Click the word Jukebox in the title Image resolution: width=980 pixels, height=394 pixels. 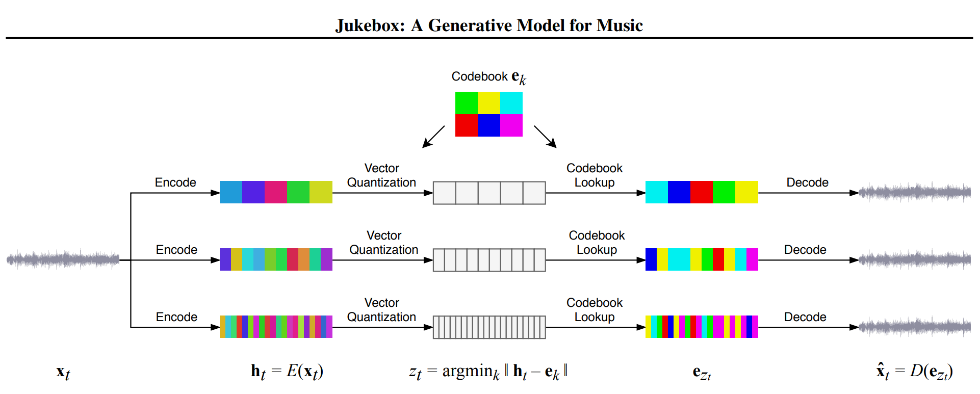(369, 25)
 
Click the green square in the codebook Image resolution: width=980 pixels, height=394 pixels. (466, 102)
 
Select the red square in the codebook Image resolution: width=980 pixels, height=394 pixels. (466, 125)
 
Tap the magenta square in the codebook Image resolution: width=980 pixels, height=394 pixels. (511, 125)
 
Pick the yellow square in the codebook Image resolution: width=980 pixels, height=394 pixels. (489, 102)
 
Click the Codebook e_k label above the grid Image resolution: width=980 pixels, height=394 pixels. (488, 77)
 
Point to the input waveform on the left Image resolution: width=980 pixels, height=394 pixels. (63, 259)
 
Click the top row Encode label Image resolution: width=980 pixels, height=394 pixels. (175, 182)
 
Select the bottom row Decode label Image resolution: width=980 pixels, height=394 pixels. (805, 317)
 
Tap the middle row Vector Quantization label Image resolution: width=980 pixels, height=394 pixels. (384, 243)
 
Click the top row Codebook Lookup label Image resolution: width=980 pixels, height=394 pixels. (595, 175)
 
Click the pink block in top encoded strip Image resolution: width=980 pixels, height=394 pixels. (276, 192)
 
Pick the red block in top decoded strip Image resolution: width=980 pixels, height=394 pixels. (701, 192)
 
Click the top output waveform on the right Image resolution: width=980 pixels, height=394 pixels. (915, 192)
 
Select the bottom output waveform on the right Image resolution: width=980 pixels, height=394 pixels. (915, 327)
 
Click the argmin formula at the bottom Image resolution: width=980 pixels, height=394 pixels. (488, 372)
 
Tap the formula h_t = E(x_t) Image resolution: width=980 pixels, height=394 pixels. (287, 372)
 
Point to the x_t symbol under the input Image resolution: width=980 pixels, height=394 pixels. (63, 373)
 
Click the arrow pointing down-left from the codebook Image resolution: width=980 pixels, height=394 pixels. (433, 137)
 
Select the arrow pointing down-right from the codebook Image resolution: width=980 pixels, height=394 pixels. (545, 137)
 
